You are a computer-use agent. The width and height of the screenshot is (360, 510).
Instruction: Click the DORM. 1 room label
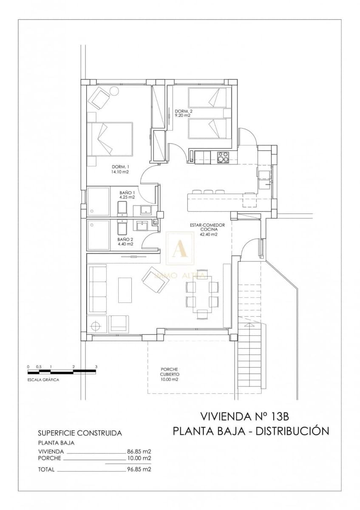pos(120,169)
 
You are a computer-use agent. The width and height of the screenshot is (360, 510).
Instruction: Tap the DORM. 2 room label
pos(184,113)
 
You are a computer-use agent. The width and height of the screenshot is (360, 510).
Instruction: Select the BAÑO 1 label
pos(127,195)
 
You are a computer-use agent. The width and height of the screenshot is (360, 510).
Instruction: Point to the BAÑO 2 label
pos(125,241)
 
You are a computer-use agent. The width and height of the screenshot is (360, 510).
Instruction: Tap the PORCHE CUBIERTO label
pos(169,374)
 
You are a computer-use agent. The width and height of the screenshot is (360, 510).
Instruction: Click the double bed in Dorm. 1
pos(111,139)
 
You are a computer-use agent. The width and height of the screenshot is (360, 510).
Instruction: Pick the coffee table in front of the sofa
pos(125,290)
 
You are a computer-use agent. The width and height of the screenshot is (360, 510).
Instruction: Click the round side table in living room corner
pos(96,326)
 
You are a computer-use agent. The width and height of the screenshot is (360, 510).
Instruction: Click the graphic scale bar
pos(62,372)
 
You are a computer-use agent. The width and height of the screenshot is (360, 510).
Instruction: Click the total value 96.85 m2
pos(139,470)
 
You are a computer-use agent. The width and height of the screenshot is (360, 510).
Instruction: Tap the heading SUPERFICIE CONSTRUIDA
pos(80,433)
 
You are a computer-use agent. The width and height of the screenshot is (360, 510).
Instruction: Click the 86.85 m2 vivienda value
pos(139,451)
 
